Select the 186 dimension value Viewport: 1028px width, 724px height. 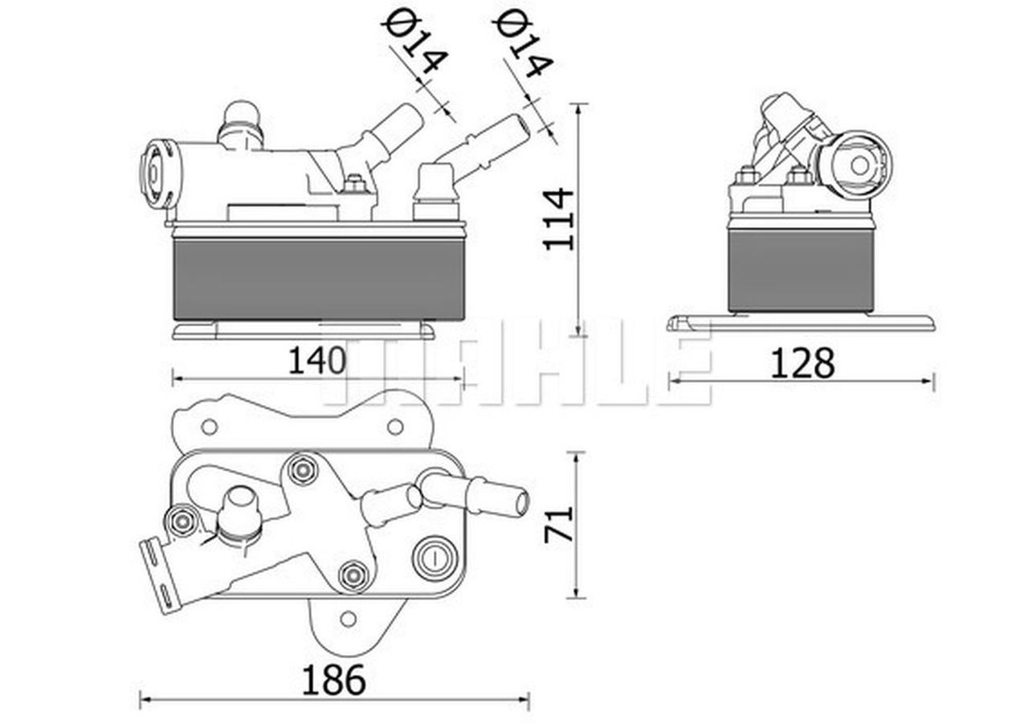point(333,680)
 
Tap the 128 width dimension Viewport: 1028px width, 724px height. point(802,362)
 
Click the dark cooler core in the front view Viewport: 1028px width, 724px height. point(319,278)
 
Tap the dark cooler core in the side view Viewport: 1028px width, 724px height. point(801,270)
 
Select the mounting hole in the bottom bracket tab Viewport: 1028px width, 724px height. point(348,619)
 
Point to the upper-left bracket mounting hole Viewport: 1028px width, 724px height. point(209,427)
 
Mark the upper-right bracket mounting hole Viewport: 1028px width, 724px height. point(395,427)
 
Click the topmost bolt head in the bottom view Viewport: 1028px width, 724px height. point(302,469)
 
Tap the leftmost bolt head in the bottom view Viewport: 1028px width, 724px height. point(182,522)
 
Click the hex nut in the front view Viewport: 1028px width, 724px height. point(353,185)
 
